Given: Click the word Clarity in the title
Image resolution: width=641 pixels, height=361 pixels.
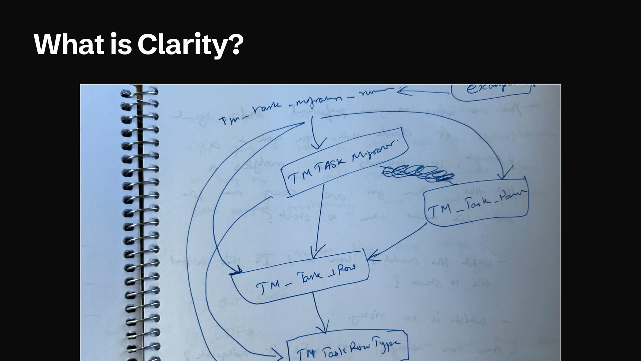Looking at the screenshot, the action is (182, 44).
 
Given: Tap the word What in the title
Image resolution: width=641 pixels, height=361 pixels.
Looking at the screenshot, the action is (68, 44).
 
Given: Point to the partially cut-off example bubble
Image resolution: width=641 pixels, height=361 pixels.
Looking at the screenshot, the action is (491, 89).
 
